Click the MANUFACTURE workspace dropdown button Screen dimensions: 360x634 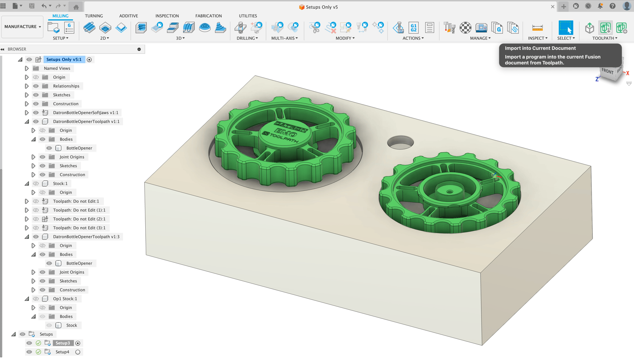22,26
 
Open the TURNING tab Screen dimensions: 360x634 94,16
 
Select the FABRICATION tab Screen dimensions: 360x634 208,16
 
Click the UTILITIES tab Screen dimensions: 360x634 248,16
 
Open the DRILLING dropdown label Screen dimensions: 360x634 247,38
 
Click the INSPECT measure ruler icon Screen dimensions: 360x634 537,28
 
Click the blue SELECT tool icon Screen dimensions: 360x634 565,28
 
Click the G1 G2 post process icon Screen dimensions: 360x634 413,28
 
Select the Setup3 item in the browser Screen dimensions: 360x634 63,343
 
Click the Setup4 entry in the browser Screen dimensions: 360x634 62,352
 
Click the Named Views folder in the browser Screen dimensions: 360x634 57,69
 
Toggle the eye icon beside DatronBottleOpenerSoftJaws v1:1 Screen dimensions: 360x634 36,113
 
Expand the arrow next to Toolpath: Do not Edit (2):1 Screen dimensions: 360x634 26,219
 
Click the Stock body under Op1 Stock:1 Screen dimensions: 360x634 71,326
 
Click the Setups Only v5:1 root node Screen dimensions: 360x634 64,59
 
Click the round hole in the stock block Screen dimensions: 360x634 400,142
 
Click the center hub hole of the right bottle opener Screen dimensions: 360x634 450,192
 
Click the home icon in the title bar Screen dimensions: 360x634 76,7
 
